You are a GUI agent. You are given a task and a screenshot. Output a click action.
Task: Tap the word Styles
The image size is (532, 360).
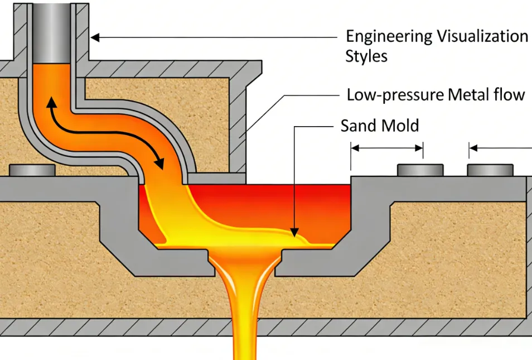(x=366, y=56)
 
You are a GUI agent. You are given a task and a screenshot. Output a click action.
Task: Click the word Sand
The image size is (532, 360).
(x=359, y=126)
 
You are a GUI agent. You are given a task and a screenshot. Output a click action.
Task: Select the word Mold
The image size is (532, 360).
(x=400, y=126)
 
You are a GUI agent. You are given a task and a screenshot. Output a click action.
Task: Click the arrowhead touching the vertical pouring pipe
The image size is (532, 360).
(x=95, y=37)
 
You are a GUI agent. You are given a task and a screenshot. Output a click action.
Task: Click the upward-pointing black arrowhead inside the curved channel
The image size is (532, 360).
(x=51, y=102)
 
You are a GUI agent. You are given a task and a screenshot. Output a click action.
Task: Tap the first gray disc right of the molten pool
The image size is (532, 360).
(x=420, y=169)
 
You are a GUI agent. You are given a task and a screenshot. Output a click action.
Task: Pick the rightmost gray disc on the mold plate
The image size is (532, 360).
(x=490, y=169)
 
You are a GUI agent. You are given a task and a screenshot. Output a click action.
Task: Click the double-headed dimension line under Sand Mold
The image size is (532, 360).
(x=386, y=148)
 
